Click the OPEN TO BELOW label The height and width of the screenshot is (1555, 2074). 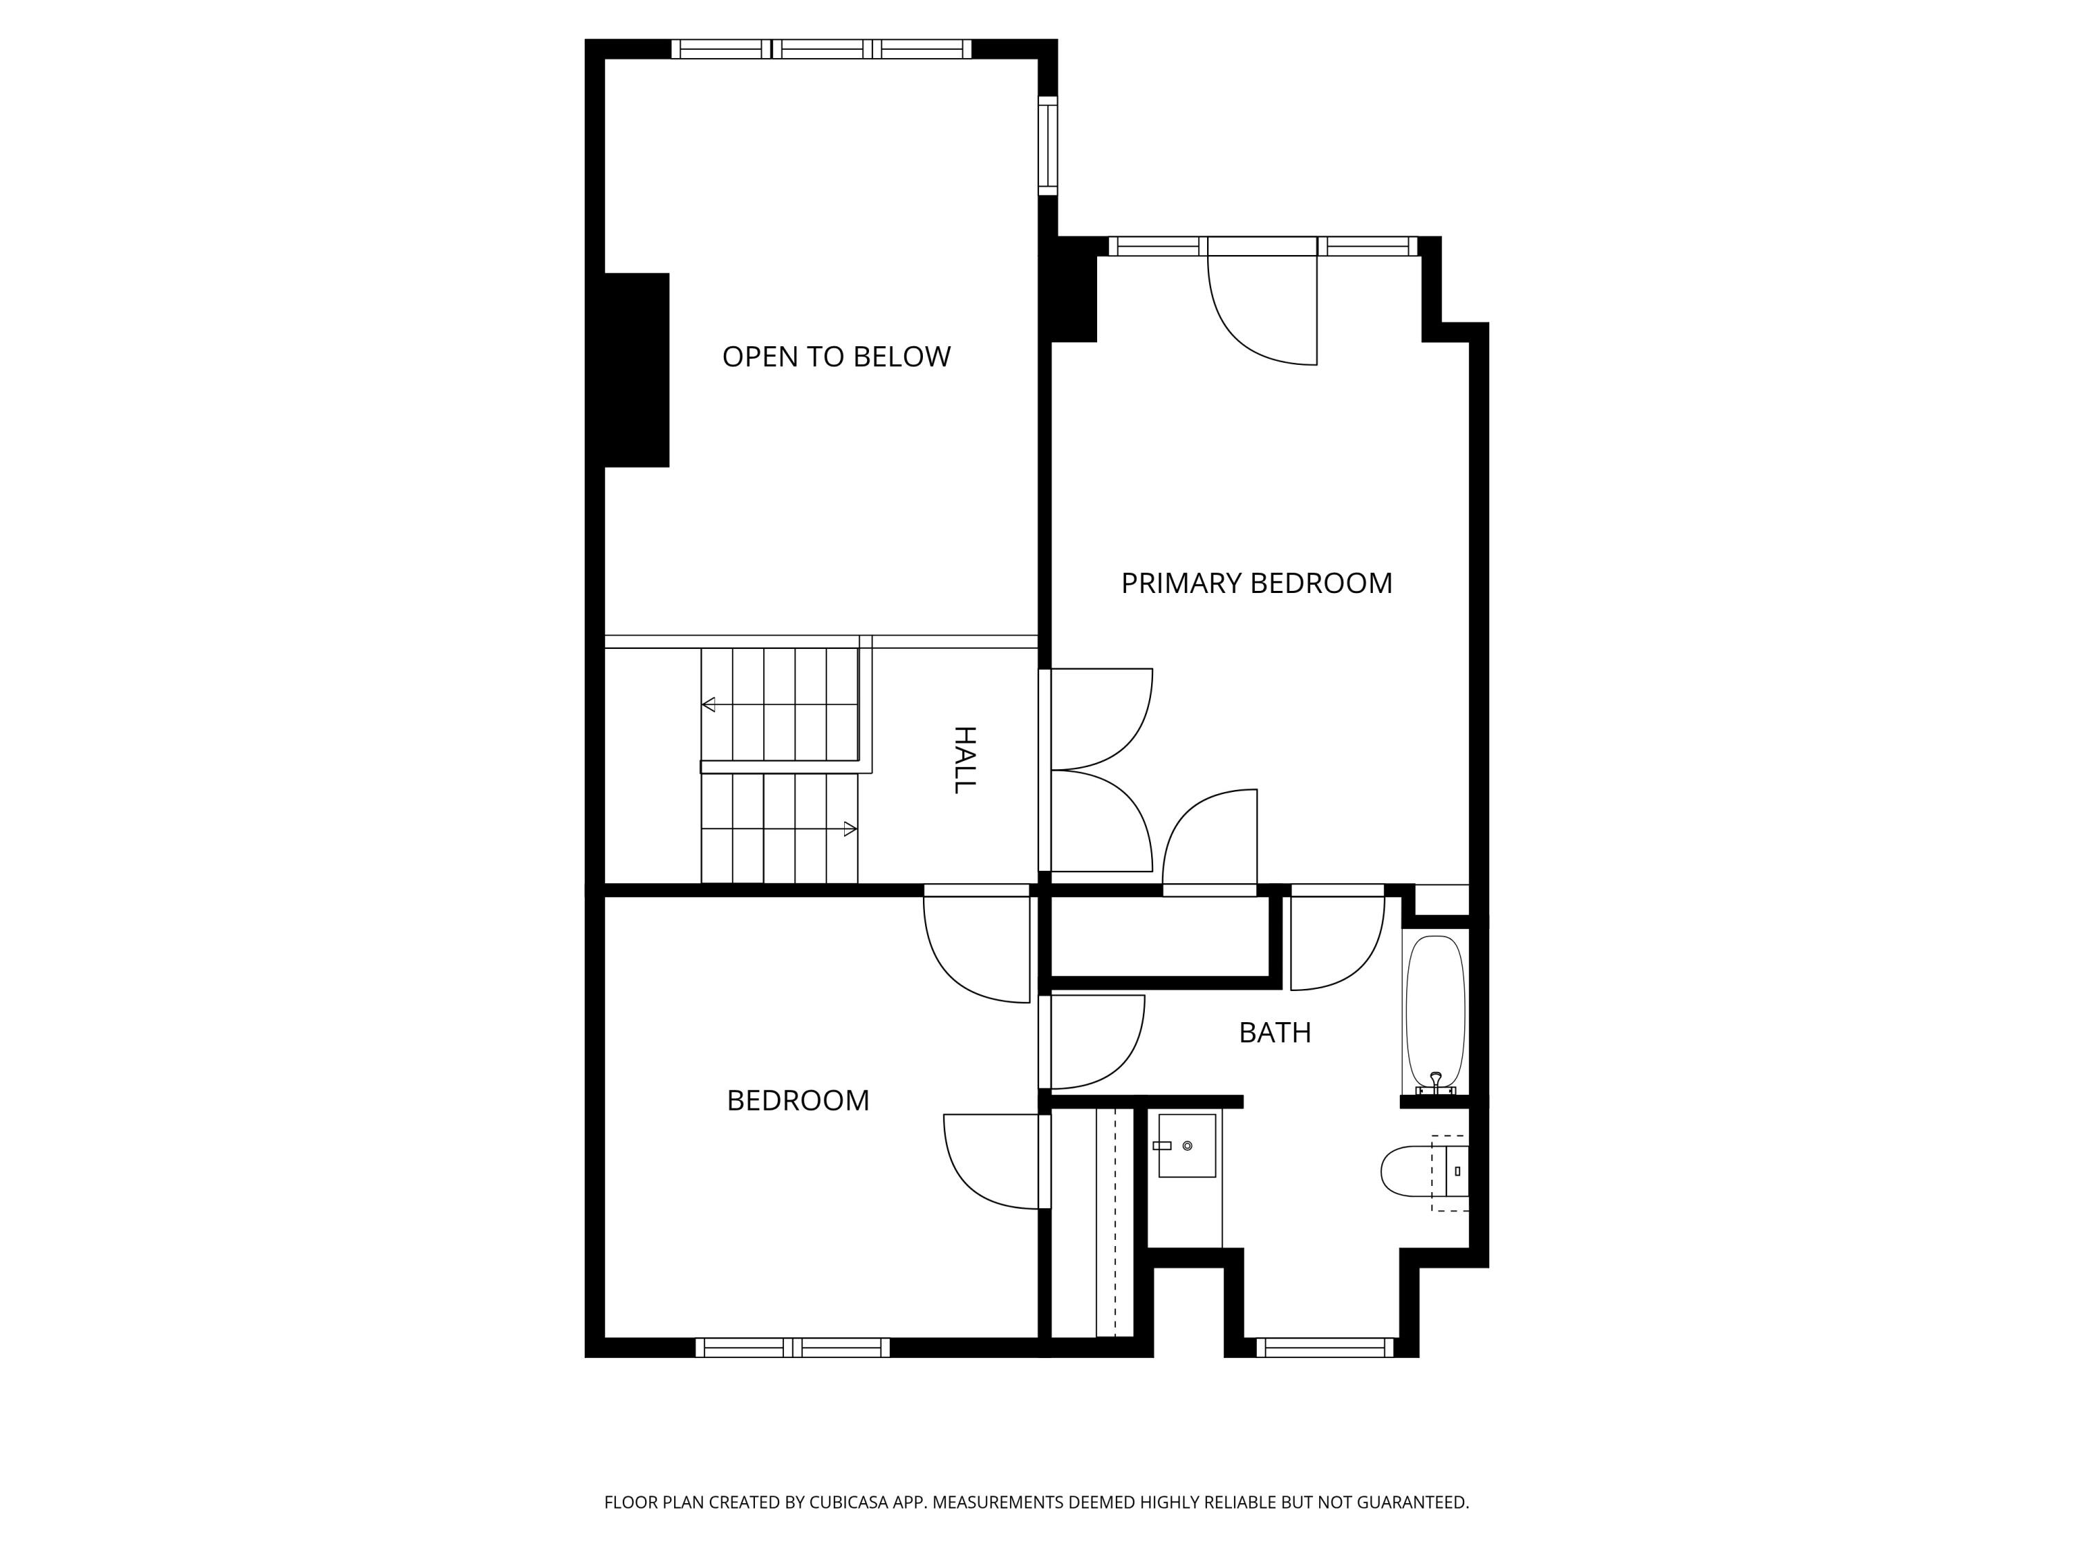click(x=837, y=357)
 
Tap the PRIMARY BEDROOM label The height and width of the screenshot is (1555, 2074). click(x=1256, y=584)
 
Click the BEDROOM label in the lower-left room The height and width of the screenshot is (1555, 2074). click(x=798, y=1100)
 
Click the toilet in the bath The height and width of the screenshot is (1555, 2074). click(x=1411, y=1171)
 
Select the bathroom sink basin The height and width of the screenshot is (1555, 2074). click(x=1187, y=1145)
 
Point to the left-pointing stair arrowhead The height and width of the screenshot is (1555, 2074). click(x=709, y=705)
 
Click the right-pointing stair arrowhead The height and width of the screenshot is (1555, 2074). click(x=850, y=829)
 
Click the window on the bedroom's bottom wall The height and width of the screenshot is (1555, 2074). click(x=792, y=1348)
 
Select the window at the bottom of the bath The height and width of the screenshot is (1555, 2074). click(x=1325, y=1348)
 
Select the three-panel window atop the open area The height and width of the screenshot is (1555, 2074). click(x=821, y=49)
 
